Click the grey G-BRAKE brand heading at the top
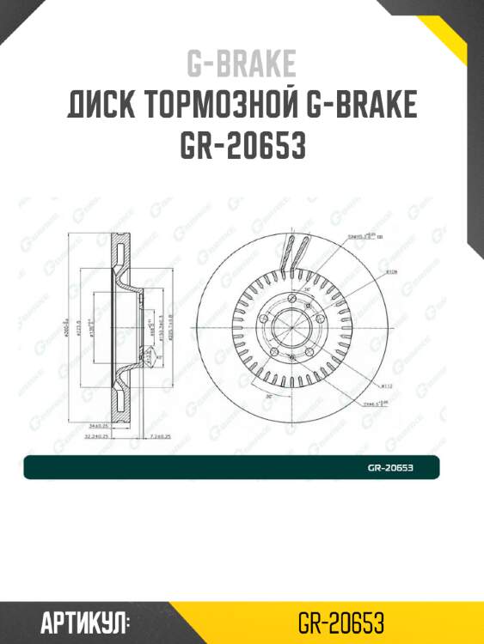click(242, 64)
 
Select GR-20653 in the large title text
click(242, 146)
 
